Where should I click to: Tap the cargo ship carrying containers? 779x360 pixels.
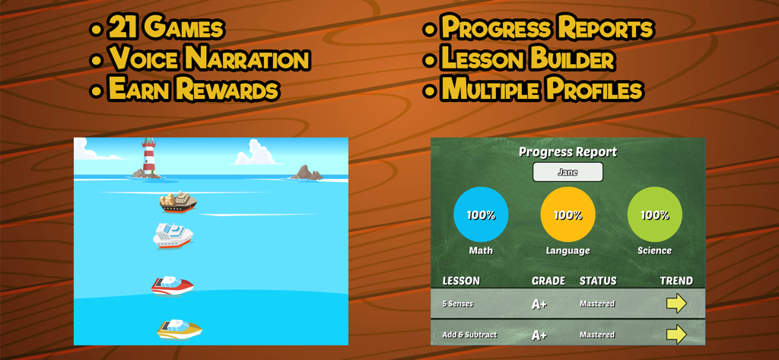coord(177,202)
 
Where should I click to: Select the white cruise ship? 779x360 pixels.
coord(173,235)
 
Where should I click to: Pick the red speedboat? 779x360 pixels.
coord(172,285)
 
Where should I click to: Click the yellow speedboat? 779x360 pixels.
coord(180,329)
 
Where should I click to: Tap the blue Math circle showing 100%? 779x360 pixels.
coord(481,215)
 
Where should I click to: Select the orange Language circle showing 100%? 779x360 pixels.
coord(568,215)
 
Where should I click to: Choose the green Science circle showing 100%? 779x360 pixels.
coord(654,215)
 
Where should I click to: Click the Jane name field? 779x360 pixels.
coord(568,172)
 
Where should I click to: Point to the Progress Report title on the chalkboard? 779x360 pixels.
coord(568,151)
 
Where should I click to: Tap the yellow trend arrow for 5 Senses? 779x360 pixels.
coord(676,304)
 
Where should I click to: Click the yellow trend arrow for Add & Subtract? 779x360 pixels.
coord(676,334)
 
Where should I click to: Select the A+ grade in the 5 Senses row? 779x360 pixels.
coord(539,304)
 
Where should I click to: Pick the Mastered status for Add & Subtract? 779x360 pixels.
coord(597,335)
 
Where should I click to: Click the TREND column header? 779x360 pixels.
coord(676,281)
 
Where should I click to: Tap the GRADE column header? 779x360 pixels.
coord(548,281)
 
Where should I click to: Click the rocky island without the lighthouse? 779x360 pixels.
coord(306,174)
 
